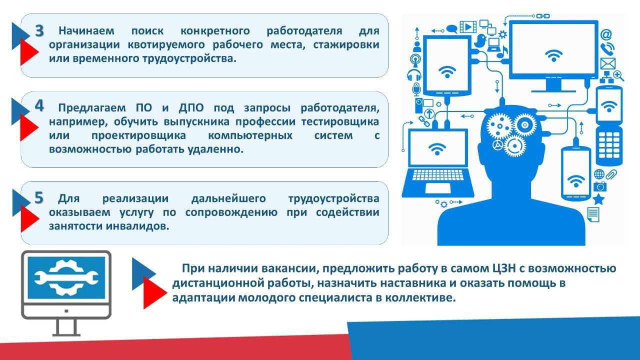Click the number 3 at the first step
tap(39, 30)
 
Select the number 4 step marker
tap(39, 106)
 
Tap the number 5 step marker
tap(39, 198)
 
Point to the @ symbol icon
tap(606, 34)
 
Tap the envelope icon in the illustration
tap(607, 63)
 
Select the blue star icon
tap(598, 198)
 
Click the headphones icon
tap(414, 75)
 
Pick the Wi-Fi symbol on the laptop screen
tap(437, 148)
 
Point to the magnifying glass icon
tap(619, 75)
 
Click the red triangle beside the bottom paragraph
tap(153, 292)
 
